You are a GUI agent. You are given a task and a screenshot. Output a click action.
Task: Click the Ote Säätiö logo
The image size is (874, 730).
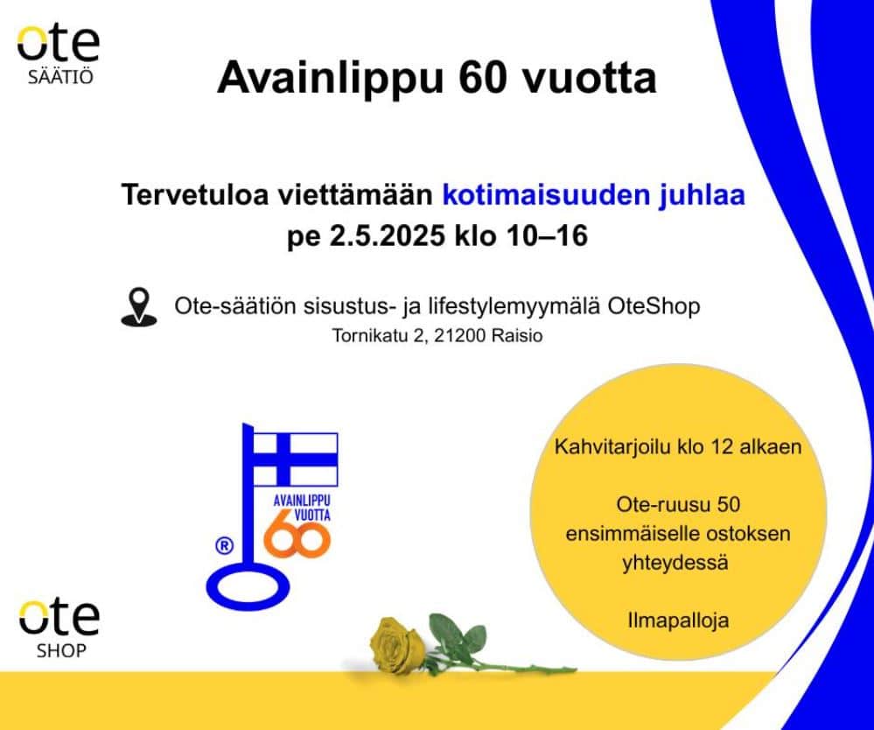59,54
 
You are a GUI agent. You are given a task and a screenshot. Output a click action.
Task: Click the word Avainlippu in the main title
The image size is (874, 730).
330,78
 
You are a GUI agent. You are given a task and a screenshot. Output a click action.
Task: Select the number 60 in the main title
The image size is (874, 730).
483,78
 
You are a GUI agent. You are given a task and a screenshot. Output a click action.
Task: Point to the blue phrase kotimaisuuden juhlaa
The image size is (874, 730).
594,195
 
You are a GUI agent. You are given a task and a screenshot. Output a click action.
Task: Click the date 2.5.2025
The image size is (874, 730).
388,235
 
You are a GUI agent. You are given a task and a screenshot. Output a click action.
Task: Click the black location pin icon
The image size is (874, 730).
139,306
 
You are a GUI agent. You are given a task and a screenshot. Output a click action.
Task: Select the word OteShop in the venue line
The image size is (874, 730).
654,306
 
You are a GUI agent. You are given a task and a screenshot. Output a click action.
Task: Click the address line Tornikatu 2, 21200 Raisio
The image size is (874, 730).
437,336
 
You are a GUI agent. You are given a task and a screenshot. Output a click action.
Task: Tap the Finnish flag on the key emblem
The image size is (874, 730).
295,460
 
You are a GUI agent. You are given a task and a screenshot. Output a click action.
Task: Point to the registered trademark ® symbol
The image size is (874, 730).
224,546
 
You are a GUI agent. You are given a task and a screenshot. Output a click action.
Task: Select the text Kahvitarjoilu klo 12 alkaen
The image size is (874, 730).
678,446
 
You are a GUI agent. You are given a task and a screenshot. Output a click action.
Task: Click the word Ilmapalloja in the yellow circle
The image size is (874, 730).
678,620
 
